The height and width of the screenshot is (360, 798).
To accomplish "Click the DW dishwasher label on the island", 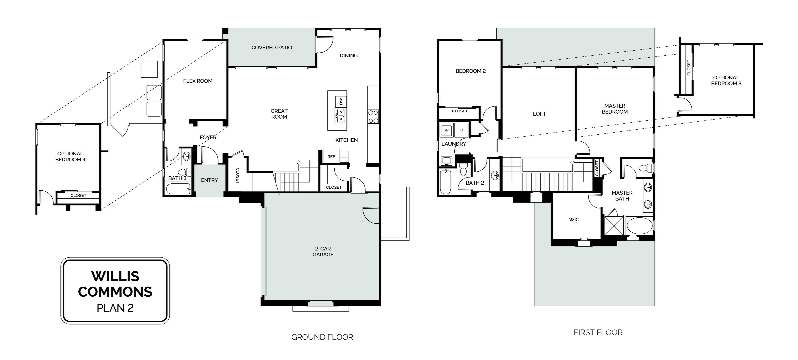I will pyautogui.click(x=341, y=101).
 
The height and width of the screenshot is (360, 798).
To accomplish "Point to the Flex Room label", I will pyautogui.click(x=198, y=81).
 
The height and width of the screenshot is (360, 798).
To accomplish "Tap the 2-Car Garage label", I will pyautogui.click(x=323, y=252).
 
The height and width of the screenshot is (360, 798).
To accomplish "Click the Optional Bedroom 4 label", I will pyautogui.click(x=70, y=157).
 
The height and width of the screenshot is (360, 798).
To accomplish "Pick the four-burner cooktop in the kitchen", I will pyautogui.click(x=373, y=117).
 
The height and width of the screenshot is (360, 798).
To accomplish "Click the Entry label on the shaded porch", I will pyautogui.click(x=209, y=180).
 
